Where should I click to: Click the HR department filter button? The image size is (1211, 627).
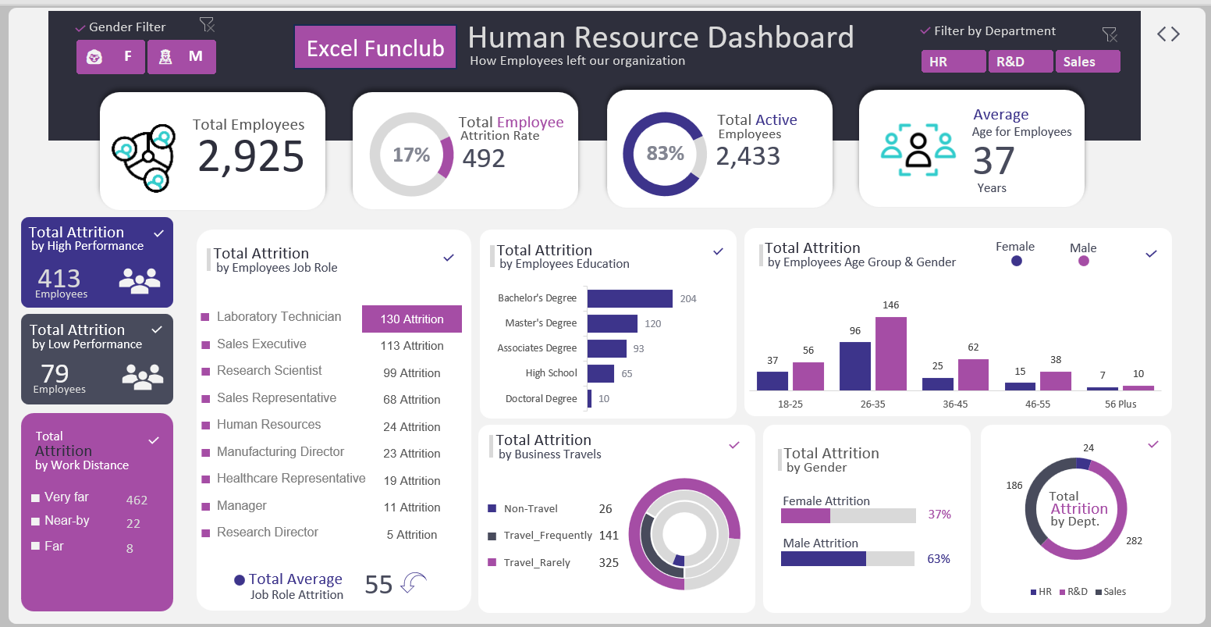click(x=953, y=62)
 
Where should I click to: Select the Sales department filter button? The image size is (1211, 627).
click(x=1087, y=62)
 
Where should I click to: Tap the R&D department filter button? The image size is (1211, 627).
click(x=1020, y=62)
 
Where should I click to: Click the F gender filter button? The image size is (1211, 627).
click(x=111, y=57)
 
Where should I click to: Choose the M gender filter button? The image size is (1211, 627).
click(x=181, y=57)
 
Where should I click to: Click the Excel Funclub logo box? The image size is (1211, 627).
click(x=375, y=48)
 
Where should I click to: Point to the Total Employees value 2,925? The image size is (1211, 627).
click(x=250, y=156)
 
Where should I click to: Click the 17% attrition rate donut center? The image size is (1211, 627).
click(x=411, y=155)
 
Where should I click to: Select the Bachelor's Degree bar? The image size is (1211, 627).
click(x=630, y=298)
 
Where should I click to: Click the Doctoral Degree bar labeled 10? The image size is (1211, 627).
click(x=590, y=398)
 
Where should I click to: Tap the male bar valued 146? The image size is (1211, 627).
click(x=890, y=353)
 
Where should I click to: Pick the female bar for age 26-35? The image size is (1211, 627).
click(x=854, y=365)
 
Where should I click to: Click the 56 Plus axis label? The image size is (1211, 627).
click(x=1120, y=404)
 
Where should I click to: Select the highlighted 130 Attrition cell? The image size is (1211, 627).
click(x=412, y=319)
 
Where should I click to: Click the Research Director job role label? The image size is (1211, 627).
click(x=268, y=533)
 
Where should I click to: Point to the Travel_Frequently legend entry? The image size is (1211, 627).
click(x=548, y=536)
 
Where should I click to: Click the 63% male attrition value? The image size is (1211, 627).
click(x=939, y=559)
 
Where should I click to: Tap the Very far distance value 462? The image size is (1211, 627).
click(x=137, y=500)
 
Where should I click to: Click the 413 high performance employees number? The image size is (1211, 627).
click(x=59, y=278)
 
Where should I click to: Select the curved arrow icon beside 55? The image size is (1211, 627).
click(x=413, y=582)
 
